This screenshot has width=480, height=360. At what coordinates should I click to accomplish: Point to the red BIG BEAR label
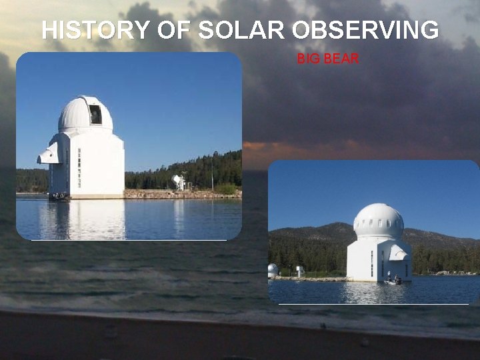pyautogui.click(x=328, y=59)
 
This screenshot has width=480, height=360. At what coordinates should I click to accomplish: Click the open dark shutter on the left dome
pyautogui.click(x=95, y=114)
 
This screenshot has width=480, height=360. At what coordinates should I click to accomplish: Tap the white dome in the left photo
pyautogui.click(x=80, y=115)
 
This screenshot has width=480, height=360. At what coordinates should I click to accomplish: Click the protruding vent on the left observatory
pyautogui.click(x=48, y=155)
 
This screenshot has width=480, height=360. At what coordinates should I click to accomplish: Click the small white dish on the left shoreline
pyautogui.click(x=179, y=181)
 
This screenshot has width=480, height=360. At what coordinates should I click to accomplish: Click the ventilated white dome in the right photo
pyautogui.click(x=378, y=221)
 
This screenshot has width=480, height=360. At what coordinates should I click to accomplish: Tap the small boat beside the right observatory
pyautogui.click(x=395, y=281)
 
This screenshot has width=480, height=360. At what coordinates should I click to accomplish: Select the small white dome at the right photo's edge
pyautogui.click(x=272, y=269)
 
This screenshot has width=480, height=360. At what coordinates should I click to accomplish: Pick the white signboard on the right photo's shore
pyautogui.click(x=299, y=270)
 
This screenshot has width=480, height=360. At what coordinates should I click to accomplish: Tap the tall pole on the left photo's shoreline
pyautogui.click(x=212, y=175)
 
